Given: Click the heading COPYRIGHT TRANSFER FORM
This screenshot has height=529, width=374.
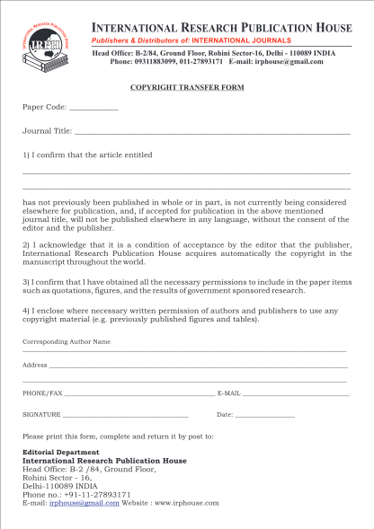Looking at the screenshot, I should click(x=186, y=88).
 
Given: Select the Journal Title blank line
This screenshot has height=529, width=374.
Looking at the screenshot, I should click(x=212, y=133).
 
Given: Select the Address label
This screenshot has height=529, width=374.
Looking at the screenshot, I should click(x=34, y=365).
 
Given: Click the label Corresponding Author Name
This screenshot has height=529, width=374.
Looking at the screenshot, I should click(x=66, y=342).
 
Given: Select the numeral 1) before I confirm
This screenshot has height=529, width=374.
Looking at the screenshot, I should click(x=26, y=154).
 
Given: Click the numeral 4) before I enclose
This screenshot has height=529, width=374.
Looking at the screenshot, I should click(x=26, y=311).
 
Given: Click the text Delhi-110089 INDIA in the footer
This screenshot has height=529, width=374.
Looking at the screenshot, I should click(x=60, y=486).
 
